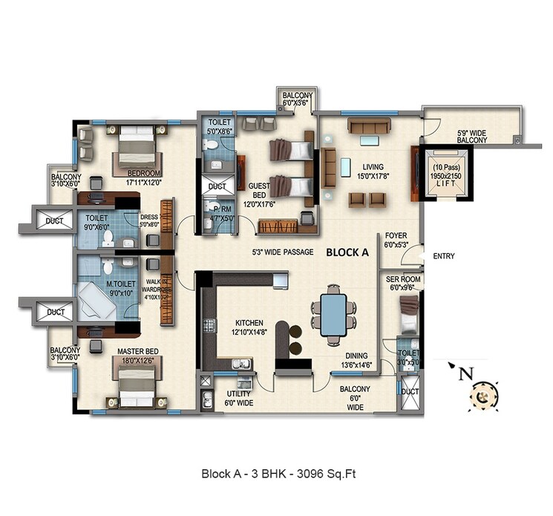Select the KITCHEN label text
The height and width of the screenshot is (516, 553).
(249, 324)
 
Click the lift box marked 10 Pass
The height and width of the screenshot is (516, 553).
(443, 174)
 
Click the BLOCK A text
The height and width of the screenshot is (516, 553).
(347, 252)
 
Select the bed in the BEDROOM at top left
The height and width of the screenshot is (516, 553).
(134, 148)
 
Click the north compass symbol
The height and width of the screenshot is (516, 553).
(482, 394)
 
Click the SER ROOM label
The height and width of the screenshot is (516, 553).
(403, 279)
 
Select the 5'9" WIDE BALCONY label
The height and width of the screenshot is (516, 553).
(471, 136)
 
